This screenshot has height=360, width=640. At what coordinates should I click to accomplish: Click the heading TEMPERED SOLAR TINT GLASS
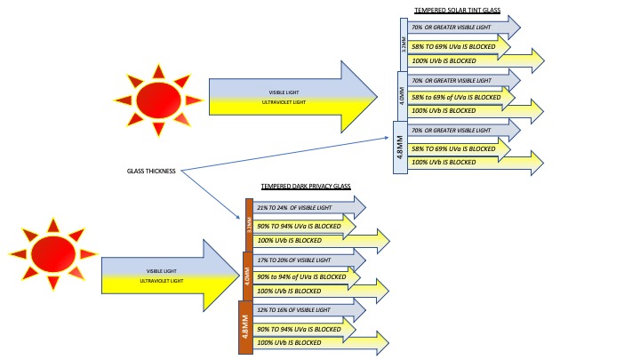coord(458,11)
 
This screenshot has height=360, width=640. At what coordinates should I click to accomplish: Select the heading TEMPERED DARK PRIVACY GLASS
coord(305,187)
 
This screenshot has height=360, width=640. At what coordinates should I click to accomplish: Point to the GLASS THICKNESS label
coord(152,172)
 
